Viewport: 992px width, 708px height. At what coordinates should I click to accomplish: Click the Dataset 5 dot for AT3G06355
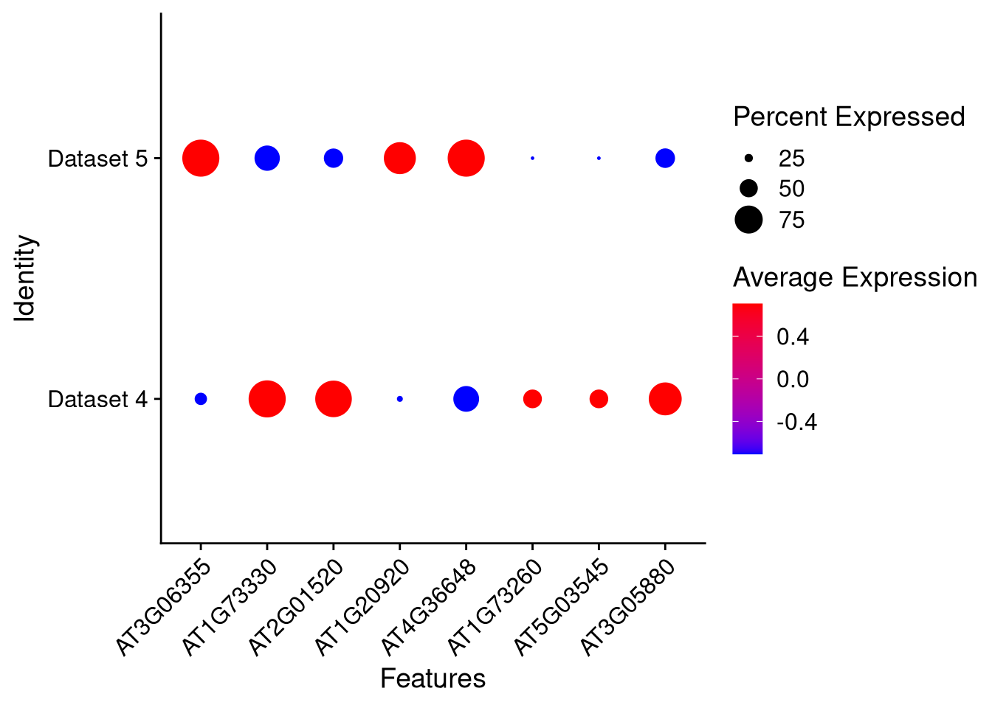point(201,158)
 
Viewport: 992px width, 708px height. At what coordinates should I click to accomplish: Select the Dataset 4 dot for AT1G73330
point(267,399)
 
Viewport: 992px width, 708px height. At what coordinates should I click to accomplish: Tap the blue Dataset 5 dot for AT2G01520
point(334,158)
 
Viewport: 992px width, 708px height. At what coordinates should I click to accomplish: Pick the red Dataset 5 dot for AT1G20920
point(400,158)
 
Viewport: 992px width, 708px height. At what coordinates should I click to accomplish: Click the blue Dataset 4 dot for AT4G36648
point(466,399)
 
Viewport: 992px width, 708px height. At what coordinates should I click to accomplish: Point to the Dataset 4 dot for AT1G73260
point(532,399)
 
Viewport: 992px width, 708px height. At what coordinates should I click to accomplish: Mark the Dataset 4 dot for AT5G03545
point(599,399)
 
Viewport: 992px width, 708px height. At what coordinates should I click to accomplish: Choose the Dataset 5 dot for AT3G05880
point(665,158)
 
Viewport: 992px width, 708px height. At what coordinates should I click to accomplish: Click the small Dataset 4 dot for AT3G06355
point(201,399)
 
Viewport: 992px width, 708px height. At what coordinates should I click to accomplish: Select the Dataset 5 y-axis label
point(97,159)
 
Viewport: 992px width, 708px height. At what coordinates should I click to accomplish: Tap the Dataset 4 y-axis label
point(97,399)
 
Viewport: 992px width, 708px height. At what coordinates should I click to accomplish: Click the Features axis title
point(433,678)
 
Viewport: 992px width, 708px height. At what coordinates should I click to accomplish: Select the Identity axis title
point(26,278)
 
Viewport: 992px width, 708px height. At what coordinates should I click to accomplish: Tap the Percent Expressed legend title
point(849,117)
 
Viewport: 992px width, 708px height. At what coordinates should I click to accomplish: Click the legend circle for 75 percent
point(748,220)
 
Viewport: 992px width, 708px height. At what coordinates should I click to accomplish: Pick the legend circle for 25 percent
point(748,158)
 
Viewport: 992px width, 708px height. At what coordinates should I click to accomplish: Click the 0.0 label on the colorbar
point(793,379)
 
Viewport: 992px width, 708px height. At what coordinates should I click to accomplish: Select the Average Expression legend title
point(855,277)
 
